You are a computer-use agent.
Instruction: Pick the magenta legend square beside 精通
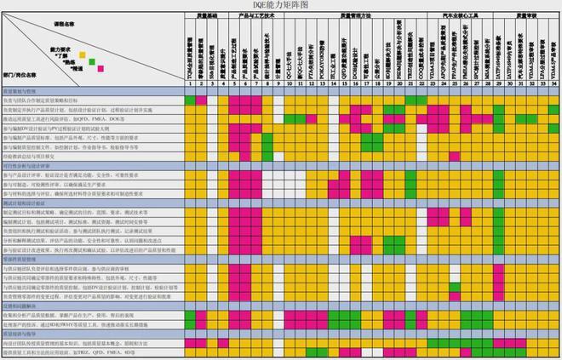point(102,68)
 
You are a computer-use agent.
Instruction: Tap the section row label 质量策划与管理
point(19,89)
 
